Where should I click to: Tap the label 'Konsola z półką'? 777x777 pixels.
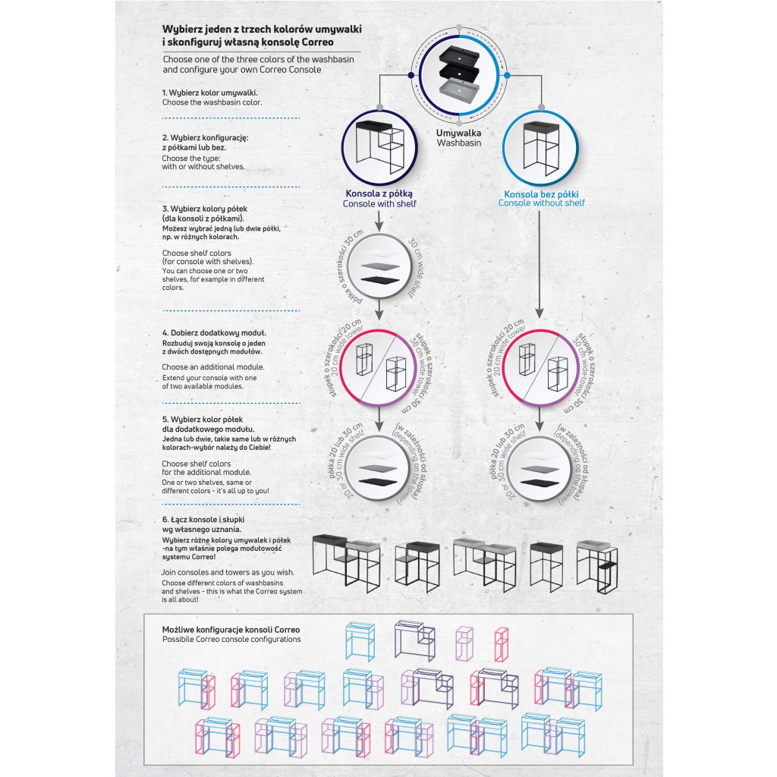click(379, 193)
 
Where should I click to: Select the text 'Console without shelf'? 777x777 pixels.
click(542, 203)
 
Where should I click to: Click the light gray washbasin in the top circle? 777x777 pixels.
click(459, 96)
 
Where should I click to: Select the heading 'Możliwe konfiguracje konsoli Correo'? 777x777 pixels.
click(231, 630)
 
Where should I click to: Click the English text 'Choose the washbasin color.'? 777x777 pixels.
click(212, 102)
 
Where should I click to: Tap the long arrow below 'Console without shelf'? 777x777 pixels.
click(539, 262)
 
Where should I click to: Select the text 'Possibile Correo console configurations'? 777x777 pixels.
click(231, 640)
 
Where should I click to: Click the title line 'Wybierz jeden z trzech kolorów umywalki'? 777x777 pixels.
click(262, 29)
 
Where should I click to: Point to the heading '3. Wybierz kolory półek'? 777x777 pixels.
click(205, 208)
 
